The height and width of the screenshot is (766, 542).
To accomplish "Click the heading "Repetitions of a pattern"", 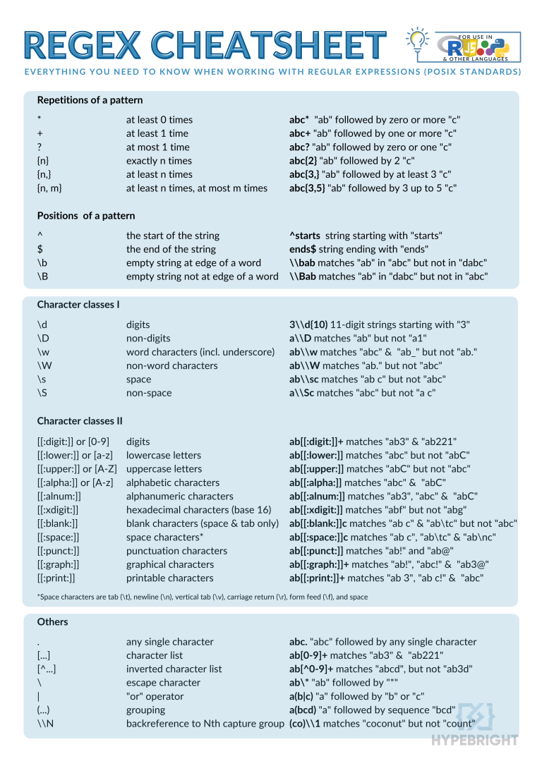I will pos(90,100).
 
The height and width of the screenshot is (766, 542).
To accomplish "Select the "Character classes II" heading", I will pos(80,421).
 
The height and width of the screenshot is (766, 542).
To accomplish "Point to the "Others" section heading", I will pos(52,622).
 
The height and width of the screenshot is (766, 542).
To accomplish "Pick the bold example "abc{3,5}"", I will pos(307,188).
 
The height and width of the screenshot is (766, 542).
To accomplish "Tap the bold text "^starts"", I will pos(305,236).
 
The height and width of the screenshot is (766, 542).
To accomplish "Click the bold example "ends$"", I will pos(303,249).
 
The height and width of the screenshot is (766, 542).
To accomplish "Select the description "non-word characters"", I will pos(171,366).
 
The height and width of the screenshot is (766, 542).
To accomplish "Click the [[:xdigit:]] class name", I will pos(58,510).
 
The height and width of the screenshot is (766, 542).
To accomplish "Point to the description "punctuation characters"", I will pos(176,551).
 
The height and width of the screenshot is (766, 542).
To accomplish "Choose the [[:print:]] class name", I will pos(56,578).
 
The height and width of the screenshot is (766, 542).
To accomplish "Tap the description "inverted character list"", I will pos(174,669).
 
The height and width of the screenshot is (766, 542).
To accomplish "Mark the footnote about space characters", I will pos(202,597).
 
